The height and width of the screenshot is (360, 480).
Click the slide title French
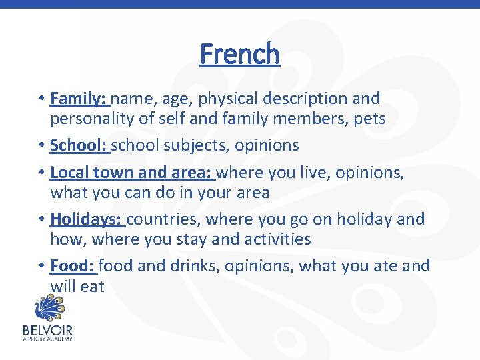pos(240,54)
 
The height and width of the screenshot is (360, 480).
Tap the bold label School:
pos(79,145)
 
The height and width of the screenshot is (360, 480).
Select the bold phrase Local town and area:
pos(131,173)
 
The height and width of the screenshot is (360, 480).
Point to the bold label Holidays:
pos(86,219)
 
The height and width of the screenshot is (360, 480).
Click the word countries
pos(163,219)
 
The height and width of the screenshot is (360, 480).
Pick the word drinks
pos(193,267)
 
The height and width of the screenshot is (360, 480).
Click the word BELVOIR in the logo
pos(47,330)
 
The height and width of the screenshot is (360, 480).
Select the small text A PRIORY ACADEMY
pos(47,339)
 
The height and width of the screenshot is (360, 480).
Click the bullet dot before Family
pos(41,99)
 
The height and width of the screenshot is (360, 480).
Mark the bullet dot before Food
pos(41,267)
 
